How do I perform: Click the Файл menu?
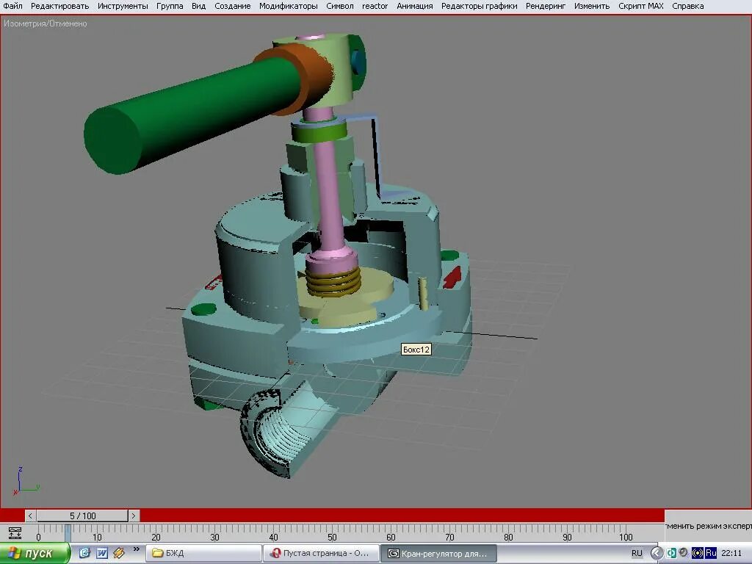click(x=12, y=6)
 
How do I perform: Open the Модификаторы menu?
click(x=288, y=6)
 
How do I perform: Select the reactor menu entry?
click(x=375, y=6)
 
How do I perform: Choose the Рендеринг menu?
click(x=546, y=6)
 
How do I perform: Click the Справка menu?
click(x=687, y=6)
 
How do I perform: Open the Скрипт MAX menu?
click(x=640, y=6)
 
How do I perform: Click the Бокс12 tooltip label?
click(x=416, y=350)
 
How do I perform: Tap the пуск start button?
click(x=35, y=553)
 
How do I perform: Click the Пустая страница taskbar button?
click(x=322, y=553)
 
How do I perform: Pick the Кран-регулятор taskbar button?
click(x=438, y=553)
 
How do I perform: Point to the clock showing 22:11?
click(x=731, y=553)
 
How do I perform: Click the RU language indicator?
click(x=637, y=553)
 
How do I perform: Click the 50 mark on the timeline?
click(x=332, y=536)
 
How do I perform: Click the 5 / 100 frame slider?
click(x=83, y=516)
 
